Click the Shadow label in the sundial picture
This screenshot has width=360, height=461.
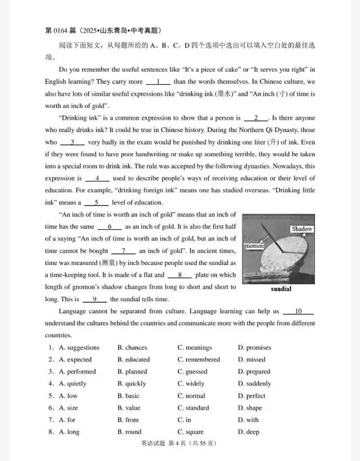pos(301,229)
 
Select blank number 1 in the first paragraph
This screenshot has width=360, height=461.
pos(159,82)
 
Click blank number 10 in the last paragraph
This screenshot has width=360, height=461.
pos(298,311)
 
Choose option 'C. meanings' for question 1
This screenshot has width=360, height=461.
pos(195,347)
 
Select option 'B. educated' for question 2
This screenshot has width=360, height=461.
pos(133,359)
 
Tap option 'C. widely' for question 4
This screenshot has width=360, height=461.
pos(191,383)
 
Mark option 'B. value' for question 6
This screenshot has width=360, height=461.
pos(129,408)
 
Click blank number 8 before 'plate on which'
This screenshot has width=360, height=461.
pos(179,275)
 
